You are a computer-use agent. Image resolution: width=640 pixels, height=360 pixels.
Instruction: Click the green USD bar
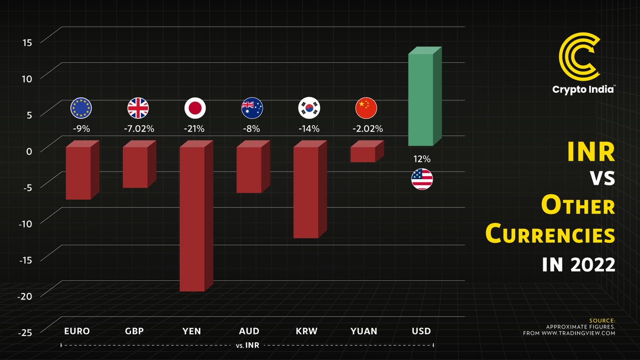tap(421, 99)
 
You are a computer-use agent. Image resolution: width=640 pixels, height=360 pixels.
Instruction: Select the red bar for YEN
tap(192, 219)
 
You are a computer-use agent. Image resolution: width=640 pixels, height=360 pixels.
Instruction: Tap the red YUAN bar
tap(363, 154)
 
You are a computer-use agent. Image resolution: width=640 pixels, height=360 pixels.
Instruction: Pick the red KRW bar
tap(306, 192)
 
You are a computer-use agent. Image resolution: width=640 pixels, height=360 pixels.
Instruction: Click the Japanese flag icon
tap(195, 108)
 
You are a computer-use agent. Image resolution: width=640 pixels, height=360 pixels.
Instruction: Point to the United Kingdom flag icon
tap(138, 108)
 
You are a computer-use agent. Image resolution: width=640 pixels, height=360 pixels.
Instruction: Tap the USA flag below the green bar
tap(422, 179)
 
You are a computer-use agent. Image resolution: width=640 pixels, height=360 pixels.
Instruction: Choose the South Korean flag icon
tap(308, 108)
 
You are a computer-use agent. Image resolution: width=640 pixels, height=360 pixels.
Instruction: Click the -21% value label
tap(195, 129)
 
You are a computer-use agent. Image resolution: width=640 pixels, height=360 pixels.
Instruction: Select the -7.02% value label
tap(138, 129)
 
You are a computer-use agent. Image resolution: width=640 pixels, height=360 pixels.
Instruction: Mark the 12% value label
tap(422, 159)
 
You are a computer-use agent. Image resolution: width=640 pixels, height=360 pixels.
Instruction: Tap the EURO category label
tap(77, 331)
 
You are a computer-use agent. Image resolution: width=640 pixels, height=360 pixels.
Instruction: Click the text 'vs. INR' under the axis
tap(247, 346)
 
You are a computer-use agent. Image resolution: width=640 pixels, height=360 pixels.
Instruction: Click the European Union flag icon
tap(81, 108)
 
